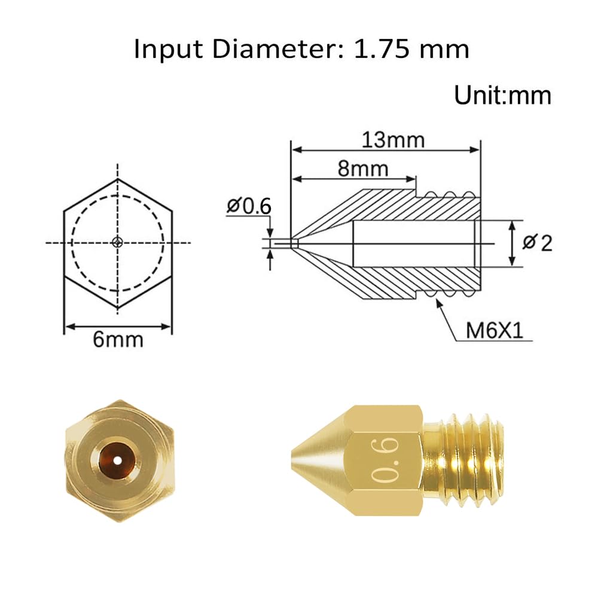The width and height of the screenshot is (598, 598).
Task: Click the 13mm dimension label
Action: pyautogui.click(x=393, y=140)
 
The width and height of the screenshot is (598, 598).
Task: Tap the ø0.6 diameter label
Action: pyautogui.click(x=249, y=206)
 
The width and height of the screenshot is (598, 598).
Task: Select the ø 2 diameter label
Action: pyautogui.click(x=537, y=243)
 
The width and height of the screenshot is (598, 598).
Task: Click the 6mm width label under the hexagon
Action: pyautogui.click(x=118, y=340)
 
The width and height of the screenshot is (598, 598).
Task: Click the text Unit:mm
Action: pyautogui.click(x=502, y=96)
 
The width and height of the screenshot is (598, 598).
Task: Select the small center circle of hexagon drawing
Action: pyautogui.click(x=118, y=242)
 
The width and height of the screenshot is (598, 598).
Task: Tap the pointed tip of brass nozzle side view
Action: pyautogui.click(x=293, y=459)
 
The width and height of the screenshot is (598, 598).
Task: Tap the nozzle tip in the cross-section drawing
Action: pyautogui.click(x=294, y=243)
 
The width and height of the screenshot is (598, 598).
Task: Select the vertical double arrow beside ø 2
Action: pyautogui.click(x=512, y=243)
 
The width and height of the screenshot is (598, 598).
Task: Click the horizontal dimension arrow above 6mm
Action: pyautogui.click(x=118, y=326)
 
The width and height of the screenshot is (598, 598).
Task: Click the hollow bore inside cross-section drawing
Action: pyautogui.click(x=413, y=243)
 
